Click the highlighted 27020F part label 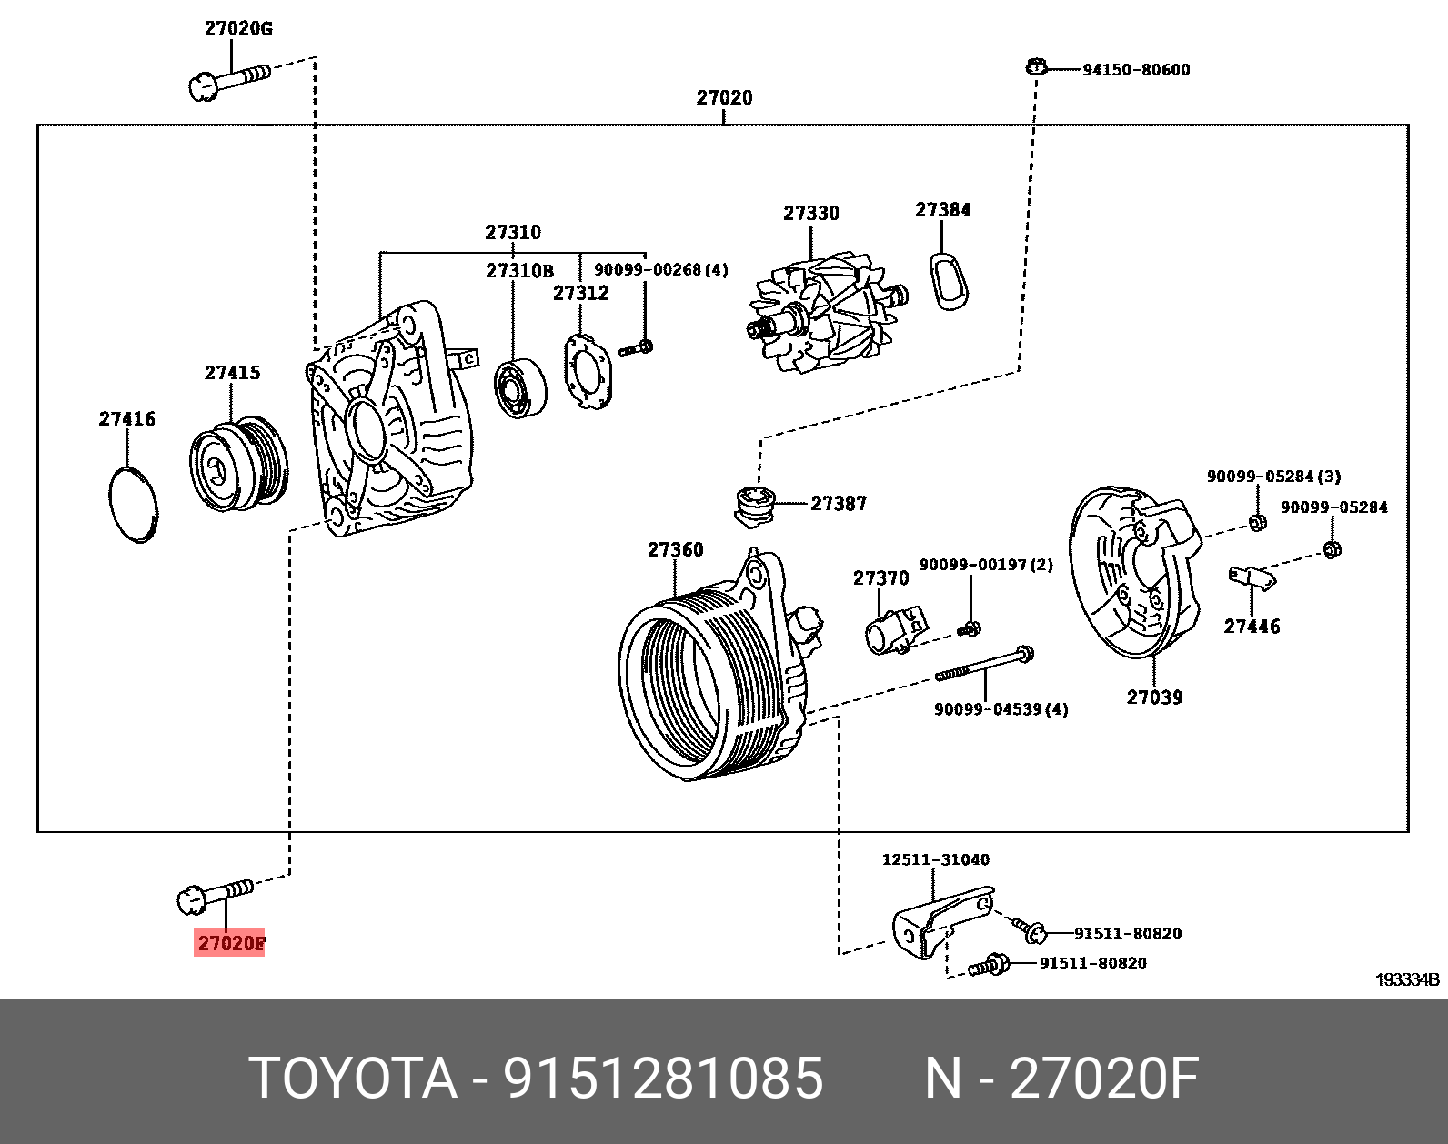(x=231, y=943)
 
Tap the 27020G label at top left (x=238, y=28)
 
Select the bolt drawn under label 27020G (x=227, y=79)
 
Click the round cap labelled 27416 (x=132, y=505)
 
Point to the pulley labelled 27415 (x=237, y=465)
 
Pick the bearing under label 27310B (x=519, y=391)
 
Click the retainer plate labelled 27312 (x=588, y=370)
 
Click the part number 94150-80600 (x=1135, y=70)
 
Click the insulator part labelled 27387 (x=754, y=505)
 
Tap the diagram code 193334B (x=1406, y=979)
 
